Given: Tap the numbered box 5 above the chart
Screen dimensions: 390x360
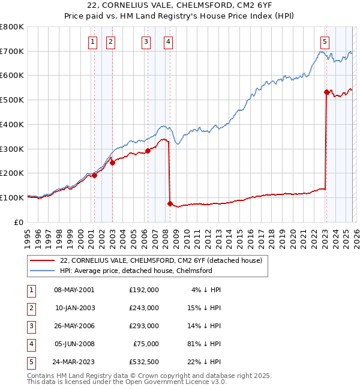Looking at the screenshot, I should point(325,41).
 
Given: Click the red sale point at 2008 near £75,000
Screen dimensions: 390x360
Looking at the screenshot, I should point(170,204).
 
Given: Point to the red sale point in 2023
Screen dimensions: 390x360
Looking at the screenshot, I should point(326,92).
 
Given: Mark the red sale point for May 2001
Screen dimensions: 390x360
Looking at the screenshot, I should point(94,175).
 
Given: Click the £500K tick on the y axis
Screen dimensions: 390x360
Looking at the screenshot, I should point(12,100).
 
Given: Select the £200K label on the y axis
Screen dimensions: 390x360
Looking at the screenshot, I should point(12,173).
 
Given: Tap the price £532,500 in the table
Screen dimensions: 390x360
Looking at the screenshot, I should point(144,361).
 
